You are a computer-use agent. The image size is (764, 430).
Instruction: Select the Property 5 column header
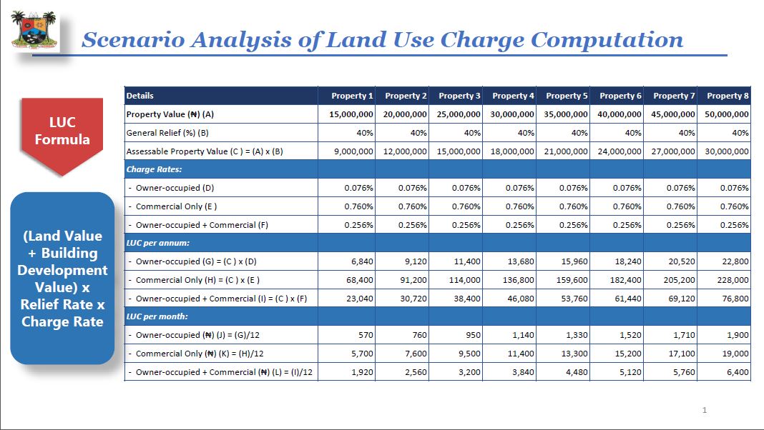tap(567, 96)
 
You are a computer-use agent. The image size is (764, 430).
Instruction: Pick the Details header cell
tap(139, 96)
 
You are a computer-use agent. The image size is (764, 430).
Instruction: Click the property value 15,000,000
tap(351, 114)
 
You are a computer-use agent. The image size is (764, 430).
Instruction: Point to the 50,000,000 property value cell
tap(727, 114)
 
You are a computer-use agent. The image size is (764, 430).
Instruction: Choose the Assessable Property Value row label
tap(205, 151)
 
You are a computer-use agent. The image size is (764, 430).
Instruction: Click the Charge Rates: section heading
tap(154, 169)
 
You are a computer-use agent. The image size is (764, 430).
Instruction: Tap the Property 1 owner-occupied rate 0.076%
tap(358, 188)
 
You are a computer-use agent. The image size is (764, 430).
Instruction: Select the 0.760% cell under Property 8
tap(734, 206)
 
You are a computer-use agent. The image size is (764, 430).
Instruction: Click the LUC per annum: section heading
tap(158, 243)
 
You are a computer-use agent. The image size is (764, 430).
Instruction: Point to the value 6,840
tap(362, 261)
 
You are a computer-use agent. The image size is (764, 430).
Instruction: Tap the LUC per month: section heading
tap(157, 316)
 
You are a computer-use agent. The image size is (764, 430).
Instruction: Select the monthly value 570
tap(366, 335)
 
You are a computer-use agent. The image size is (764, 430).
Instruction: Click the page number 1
tap(704, 410)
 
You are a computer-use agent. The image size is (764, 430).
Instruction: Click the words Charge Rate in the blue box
tap(62, 321)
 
